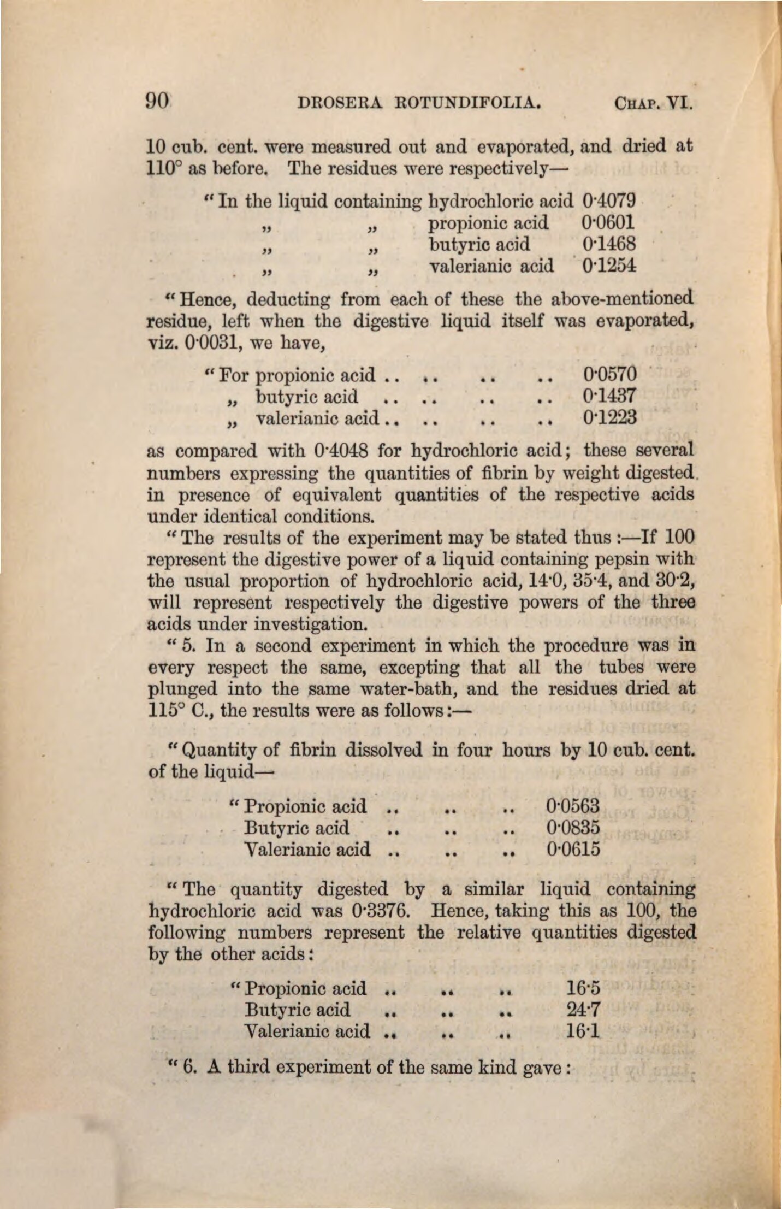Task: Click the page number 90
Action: (158, 102)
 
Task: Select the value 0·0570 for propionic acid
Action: (610, 374)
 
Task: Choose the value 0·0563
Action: (573, 806)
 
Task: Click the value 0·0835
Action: (573, 828)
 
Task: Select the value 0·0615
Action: (573, 850)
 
